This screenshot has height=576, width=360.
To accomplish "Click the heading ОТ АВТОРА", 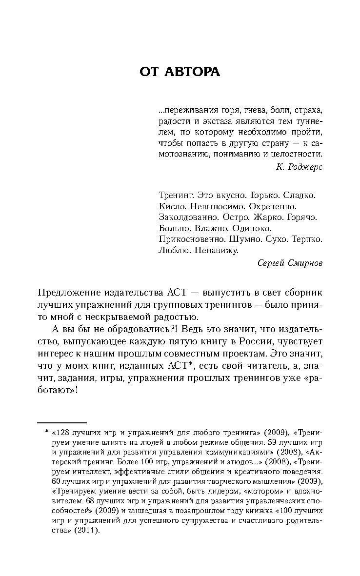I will coord(180,72).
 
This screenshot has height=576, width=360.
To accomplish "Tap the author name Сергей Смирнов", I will coord(290,263).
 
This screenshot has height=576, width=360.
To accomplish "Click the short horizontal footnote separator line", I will coord(62,422).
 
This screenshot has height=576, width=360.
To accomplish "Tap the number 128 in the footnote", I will coord(62,432).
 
